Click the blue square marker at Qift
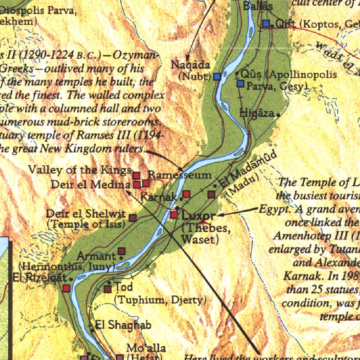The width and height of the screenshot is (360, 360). tap(266, 24)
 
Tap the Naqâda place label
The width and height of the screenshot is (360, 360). tap(190, 65)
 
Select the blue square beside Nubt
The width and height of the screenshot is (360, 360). tap(217, 76)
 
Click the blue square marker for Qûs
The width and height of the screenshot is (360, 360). tap(240, 84)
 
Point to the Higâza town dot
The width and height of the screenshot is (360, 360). tap(278, 115)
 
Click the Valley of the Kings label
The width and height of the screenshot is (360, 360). tap(80, 170)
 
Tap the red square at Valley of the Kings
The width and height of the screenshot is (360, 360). tap(136, 175)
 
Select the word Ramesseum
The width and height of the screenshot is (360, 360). tap(180, 175)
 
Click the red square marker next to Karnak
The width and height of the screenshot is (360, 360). tap(186, 194)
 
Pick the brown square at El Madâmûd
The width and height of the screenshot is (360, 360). tap(211, 194)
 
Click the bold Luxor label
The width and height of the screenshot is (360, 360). tap(199, 215)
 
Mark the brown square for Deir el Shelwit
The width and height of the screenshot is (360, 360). tap(133, 218)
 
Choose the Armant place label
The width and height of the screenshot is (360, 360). tap(96, 256)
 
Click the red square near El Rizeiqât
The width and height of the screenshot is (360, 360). tap(66, 289)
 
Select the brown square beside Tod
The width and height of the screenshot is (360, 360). tap(108, 289)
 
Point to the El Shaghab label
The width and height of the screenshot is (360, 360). tap(123, 325)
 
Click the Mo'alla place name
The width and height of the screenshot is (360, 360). tap(146, 348)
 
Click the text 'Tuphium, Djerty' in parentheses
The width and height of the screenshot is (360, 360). tap(160, 300)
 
